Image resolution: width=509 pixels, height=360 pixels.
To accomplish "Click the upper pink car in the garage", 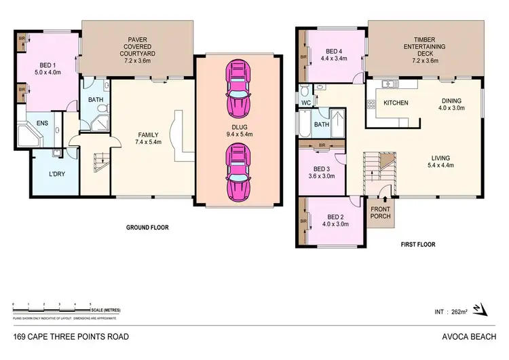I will point(238,89).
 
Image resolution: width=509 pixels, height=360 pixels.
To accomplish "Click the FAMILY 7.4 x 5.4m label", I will point(147,139).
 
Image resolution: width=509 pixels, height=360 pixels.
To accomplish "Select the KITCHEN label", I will point(395,103).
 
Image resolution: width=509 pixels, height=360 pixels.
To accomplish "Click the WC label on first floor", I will point(306,104).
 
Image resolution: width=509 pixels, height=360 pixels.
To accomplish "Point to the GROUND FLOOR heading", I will point(147,228).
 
